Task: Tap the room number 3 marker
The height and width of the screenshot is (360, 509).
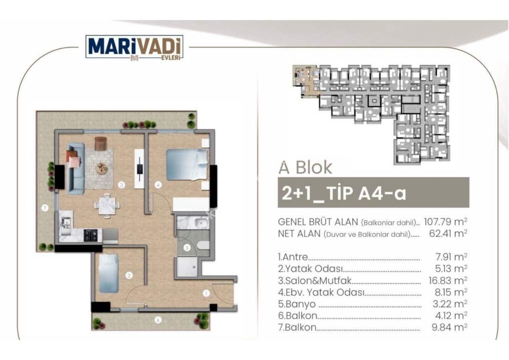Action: pos(122,185)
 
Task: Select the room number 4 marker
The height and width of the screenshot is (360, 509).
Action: pos(158,185)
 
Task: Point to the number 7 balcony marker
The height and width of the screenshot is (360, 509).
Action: pos(45,208)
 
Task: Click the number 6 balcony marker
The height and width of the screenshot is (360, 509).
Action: pos(158,320)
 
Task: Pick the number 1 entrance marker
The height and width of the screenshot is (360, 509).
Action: pos(206,293)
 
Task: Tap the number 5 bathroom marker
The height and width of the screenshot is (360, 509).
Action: pos(187,248)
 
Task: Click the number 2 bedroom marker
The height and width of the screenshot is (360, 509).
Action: pos(129,276)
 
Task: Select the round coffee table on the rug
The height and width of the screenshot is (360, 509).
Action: pos(102,169)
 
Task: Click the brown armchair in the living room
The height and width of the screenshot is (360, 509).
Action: pos(101,143)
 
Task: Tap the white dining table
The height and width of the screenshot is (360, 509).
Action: pos(107,205)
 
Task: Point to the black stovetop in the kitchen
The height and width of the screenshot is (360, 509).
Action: pos(90,235)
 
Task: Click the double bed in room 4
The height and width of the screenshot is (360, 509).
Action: pos(187,165)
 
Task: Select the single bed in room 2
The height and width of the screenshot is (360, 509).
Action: pos(109,273)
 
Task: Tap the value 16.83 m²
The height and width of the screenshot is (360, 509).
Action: pos(448,280)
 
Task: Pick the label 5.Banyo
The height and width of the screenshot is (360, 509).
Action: pos(297,304)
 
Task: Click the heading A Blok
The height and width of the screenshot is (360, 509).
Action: pos(305,167)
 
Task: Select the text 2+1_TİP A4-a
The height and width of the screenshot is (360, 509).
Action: pos(344,193)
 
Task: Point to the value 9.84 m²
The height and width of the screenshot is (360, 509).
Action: pos(449,327)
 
